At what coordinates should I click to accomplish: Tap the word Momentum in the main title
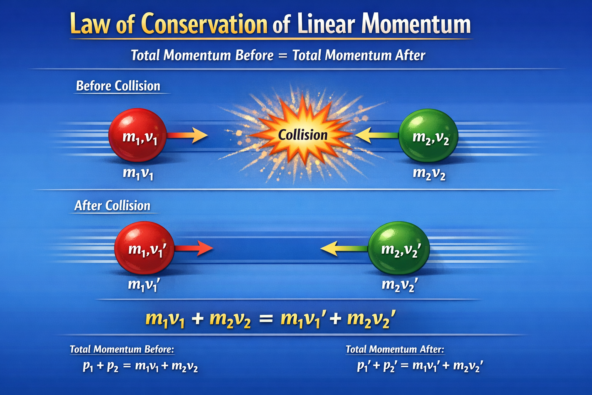pyautogui.click(x=416, y=24)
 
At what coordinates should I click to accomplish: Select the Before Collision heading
pyautogui.click(x=118, y=86)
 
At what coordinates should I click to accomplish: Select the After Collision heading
pyautogui.click(x=112, y=206)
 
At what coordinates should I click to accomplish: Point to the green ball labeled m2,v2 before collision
pyautogui.click(x=428, y=136)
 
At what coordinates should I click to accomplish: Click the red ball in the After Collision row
pyautogui.click(x=144, y=248)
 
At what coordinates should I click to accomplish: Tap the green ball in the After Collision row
pyautogui.click(x=398, y=248)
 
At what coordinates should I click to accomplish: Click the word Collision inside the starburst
pyautogui.click(x=303, y=135)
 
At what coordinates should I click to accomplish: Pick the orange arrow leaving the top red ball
pyautogui.click(x=188, y=135)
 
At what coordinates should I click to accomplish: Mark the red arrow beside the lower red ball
pyautogui.click(x=194, y=248)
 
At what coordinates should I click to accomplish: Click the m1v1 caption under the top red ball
pyautogui.click(x=138, y=174)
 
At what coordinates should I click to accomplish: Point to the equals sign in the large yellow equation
pyautogui.click(x=266, y=319)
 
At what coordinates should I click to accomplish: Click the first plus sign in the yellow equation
pyautogui.click(x=197, y=319)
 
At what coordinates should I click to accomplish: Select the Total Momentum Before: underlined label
pyautogui.click(x=122, y=349)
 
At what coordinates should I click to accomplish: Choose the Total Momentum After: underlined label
pyautogui.click(x=395, y=349)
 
